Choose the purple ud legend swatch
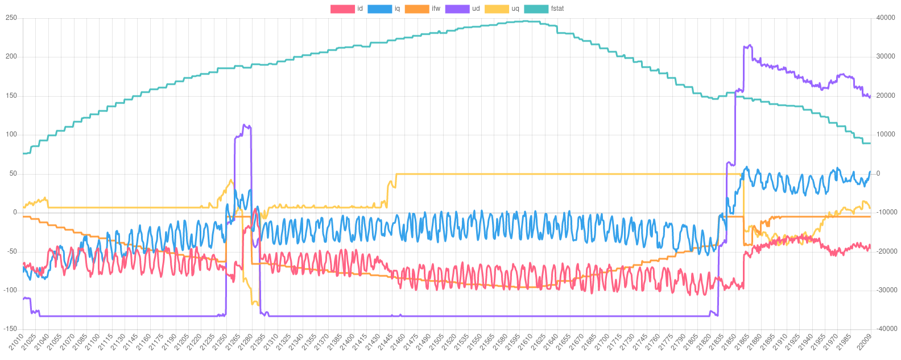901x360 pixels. [457, 9]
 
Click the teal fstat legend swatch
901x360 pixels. [535, 9]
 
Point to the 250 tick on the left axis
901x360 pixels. [11, 18]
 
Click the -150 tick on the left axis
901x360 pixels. [11, 329]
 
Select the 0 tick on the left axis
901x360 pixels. [15, 212]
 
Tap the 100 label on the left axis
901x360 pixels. [11, 134]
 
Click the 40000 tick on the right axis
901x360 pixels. [886, 18]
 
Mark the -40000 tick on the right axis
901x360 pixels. [885, 329]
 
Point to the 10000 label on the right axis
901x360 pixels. [886, 134]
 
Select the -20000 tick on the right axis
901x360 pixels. [885, 251]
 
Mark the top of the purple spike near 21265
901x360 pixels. [244, 125]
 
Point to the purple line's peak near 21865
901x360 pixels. [749, 45]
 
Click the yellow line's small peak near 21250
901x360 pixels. [230, 180]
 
